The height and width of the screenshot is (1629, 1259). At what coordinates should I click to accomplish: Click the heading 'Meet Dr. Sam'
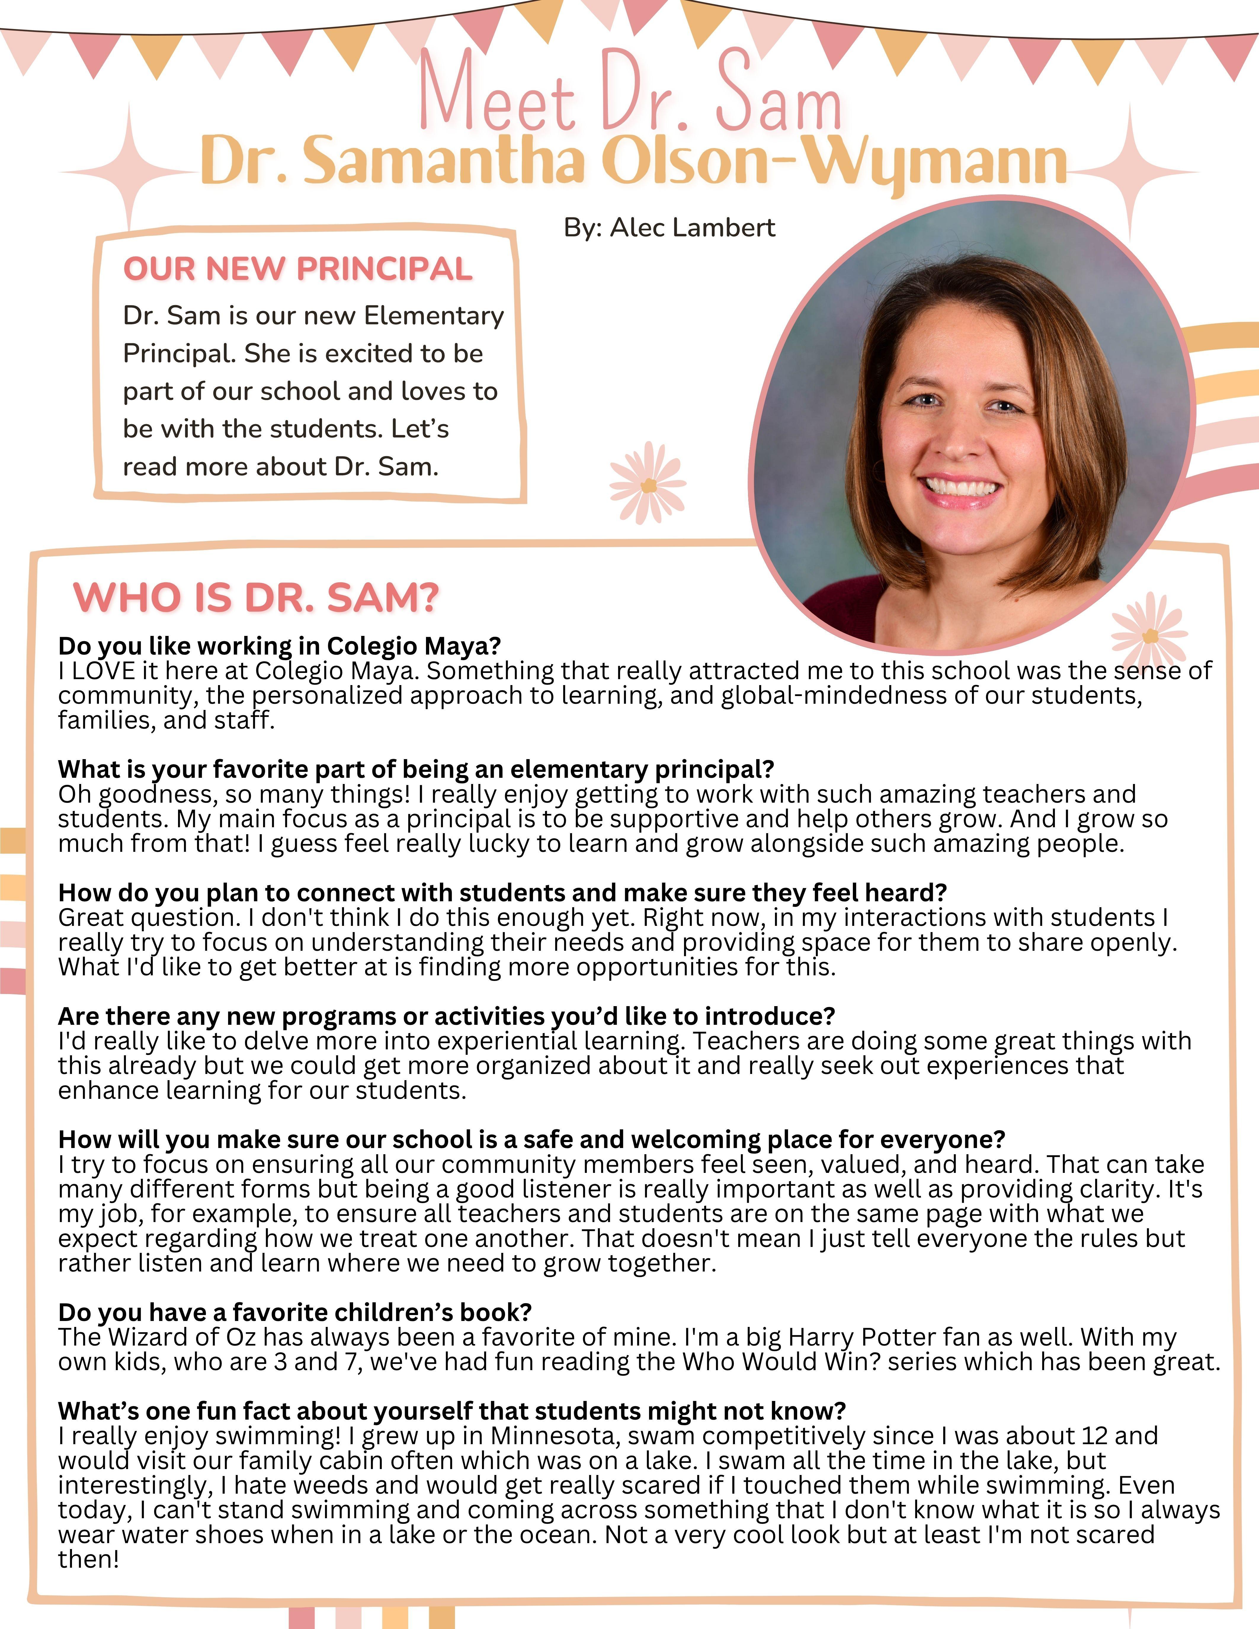(x=630, y=93)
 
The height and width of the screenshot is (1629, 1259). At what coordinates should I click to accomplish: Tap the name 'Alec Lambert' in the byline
(x=692, y=227)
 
